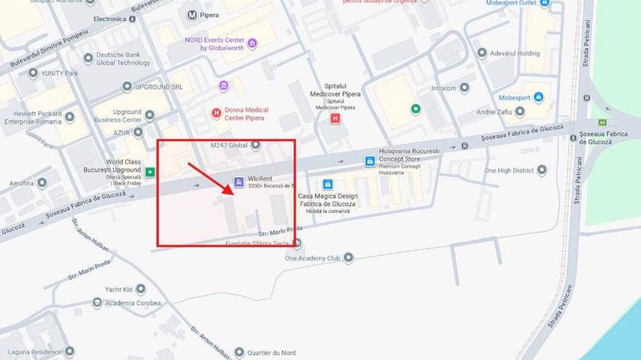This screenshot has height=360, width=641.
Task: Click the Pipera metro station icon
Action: [x=193, y=14]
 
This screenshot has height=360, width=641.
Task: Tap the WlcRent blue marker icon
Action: [x=238, y=182]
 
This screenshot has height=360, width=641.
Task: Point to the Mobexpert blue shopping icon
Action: [x=538, y=98]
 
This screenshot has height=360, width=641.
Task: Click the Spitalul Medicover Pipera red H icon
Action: [x=335, y=118]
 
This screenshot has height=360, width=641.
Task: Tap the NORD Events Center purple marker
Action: [x=252, y=44]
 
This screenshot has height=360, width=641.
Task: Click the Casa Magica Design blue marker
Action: [x=328, y=184]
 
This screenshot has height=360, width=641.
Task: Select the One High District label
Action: [x=508, y=170]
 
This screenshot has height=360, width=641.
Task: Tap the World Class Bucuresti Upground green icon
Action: [x=150, y=171]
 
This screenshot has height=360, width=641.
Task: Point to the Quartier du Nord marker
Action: [x=239, y=352]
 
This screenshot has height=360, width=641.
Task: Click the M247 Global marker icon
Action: [x=256, y=144]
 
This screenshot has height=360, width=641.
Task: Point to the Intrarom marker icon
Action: [x=465, y=88]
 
